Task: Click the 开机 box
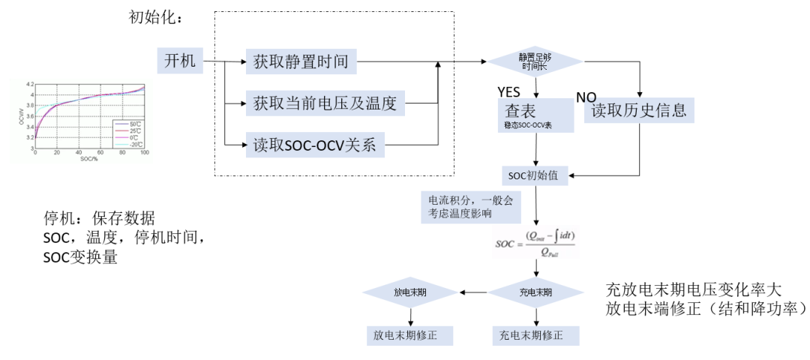click(179, 61)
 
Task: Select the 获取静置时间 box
click(301, 62)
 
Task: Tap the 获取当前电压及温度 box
click(325, 103)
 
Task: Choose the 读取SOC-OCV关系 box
click(315, 145)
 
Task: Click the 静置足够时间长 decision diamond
click(535, 62)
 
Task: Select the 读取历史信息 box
click(639, 111)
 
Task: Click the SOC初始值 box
click(535, 175)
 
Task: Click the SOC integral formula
click(535, 245)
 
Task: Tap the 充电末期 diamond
click(535, 292)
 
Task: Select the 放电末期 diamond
click(410, 292)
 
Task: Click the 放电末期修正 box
click(410, 334)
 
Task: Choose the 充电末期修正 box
click(535, 334)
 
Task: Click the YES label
click(508, 91)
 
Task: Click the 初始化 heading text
click(156, 17)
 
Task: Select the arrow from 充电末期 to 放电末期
click(474, 292)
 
